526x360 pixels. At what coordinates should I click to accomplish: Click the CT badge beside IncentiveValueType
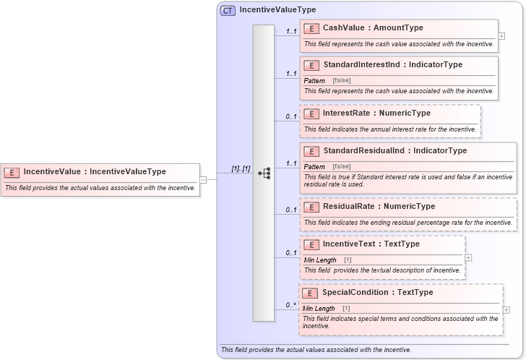pos(228,10)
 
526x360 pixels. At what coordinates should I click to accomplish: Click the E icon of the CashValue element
pos(312,28)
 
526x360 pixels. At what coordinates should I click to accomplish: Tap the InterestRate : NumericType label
pos(376,113)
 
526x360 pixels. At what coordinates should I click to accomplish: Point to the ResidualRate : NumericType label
pos(379,207)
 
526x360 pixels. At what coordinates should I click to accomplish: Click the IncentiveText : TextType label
pos(371,244)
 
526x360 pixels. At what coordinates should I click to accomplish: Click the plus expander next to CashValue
pos(501,35)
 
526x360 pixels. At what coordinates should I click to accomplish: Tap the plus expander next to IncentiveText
pos(469,257)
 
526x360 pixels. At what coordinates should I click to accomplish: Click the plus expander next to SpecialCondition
pos(506,309)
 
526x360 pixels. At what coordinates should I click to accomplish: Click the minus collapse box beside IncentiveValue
pos(203,180)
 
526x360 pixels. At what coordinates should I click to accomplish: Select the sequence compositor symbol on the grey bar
pos(264,173)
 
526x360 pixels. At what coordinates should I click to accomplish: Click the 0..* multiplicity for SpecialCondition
pos(290,305)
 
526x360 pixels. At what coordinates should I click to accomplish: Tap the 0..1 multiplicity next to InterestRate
pos(290,116)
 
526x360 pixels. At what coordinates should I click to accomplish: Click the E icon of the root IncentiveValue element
pos(12,172)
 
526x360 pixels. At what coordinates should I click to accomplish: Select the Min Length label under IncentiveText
pos(320,260)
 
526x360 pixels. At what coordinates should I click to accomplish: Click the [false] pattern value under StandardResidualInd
pos(342,166)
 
